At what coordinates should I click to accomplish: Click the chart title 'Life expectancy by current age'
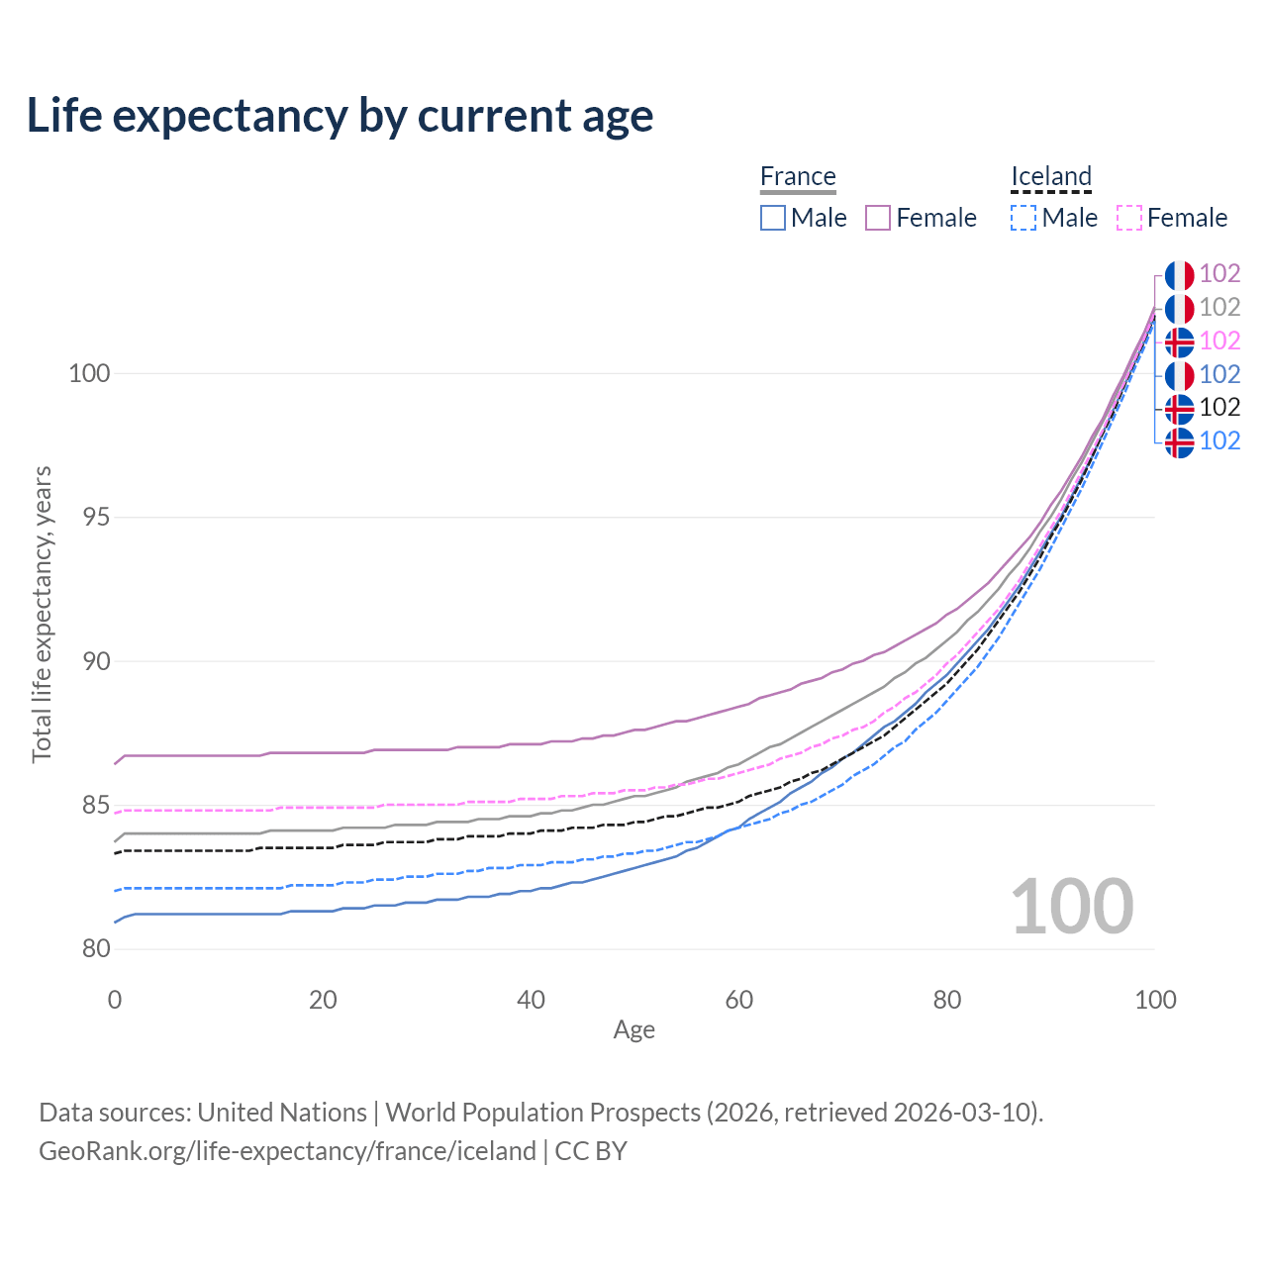340,116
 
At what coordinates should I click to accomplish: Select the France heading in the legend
798,176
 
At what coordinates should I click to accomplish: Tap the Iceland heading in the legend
1051,176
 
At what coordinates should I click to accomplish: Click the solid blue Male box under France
773,218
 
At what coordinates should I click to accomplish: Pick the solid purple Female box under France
878,218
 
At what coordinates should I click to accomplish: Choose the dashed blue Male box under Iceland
1023,218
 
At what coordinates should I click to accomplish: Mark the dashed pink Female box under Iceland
1129,218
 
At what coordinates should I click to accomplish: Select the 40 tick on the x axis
532,1000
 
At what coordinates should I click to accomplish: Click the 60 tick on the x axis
739,1000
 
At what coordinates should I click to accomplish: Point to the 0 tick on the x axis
115,1000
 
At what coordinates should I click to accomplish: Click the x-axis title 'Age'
633,1030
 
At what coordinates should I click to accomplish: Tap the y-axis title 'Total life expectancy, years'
42,615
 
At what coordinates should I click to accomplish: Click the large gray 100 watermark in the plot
1072,907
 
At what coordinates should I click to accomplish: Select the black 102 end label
1219,407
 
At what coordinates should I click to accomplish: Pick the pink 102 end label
1219,341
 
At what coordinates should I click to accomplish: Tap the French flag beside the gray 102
1179,309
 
